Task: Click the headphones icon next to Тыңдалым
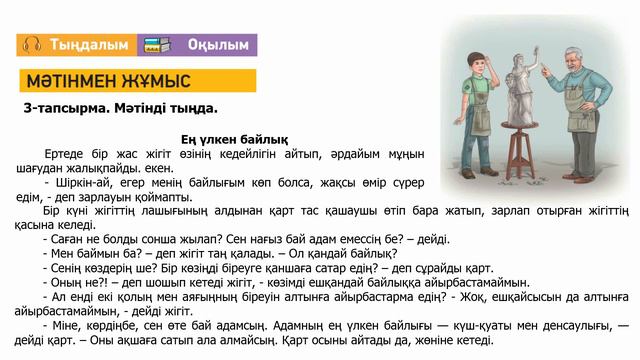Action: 31,45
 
